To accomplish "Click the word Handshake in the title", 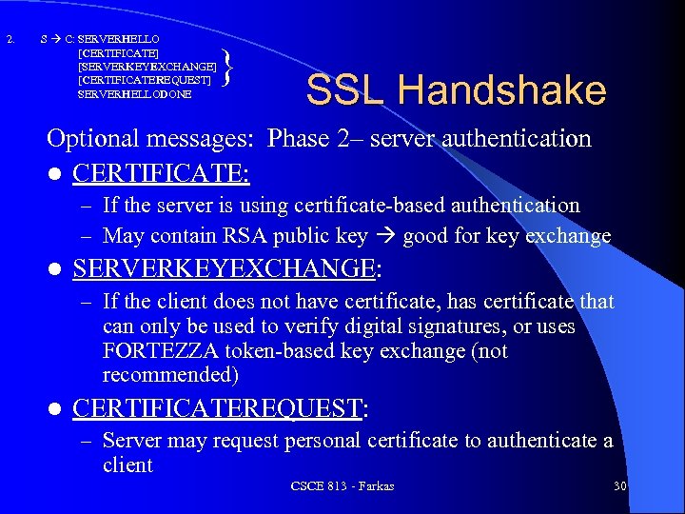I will point(502,90).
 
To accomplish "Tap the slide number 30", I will point(619,486).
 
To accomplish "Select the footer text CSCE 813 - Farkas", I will point(342,486).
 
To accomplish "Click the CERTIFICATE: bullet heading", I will point(161,173).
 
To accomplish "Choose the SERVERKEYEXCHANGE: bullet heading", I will point(226,269).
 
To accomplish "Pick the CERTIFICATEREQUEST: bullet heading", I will point(220,408).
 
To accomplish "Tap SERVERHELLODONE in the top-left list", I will point(134,95).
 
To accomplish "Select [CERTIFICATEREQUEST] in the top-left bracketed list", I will point(145,81).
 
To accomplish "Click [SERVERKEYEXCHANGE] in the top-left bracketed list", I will point(147,67).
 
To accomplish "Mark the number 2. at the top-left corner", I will point(10,40).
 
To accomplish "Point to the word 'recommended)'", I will point(169,375).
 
